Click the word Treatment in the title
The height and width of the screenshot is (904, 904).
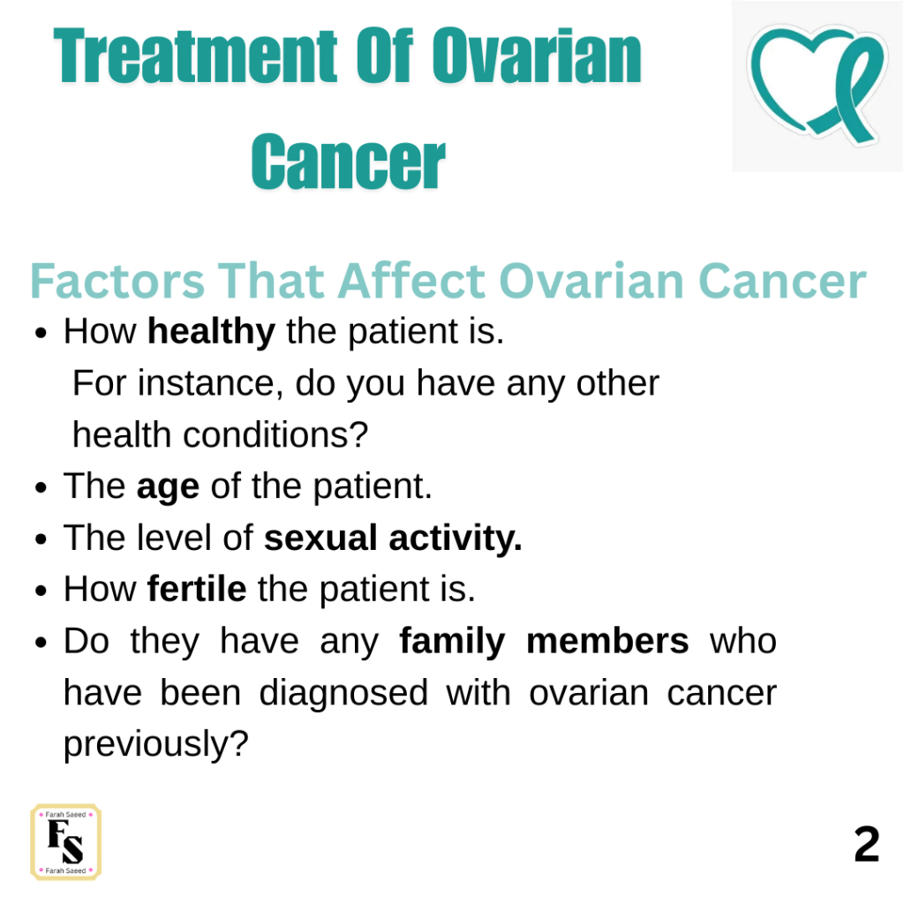pyautogui.click(x=195, y=56)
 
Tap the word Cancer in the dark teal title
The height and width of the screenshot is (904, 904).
pyautogui.click(x=348, y=161)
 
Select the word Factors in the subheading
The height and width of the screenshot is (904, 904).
pyautogui.click(x=117, y=281)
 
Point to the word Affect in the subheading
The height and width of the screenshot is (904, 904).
pyautogui.click(x=411, y=281)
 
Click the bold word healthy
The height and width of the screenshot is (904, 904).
pyautogui.click(x=211, y=332)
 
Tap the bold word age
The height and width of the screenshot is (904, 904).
pyautogui.click(x=168, y=487)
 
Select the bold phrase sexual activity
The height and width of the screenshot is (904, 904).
pyautogui.click(x=393, y=538)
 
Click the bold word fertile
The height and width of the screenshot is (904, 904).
pyautogui.click(x=197, y=589)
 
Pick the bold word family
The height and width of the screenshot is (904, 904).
pyautogui.click(x=452, y=642)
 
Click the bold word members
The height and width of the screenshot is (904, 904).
pyautogui.click(x=607, y=641)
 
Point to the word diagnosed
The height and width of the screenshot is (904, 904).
pyautogui.click(x=343, y=692)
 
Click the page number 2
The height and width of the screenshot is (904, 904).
pyautogui.click(x=867, y=844)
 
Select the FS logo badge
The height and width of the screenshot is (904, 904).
pyautogui.click(x=65, y=841)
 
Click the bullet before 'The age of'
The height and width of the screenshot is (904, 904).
pyautogui.click(x=41, y=487)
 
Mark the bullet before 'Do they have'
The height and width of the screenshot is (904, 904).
pyautogui.click(x=41, y=643)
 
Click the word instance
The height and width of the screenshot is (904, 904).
pyautogui.click(x=210, y=383)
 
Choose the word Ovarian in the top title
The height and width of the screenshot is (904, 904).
pyautogui.click(x=536, y=56)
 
